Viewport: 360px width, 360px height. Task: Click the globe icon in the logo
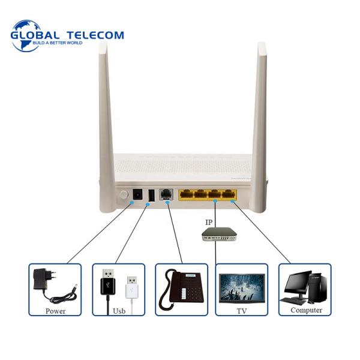tap(26, 36)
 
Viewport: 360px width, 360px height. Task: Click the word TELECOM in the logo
tap(95, 35)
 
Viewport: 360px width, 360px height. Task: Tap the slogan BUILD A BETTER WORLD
tap(58, 43)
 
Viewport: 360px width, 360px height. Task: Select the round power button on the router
tap(124, 195)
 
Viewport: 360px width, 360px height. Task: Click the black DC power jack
tap(137, 194)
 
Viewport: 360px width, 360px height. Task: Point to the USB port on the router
tap(151, 195)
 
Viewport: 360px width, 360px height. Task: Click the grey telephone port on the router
tap(166, 194)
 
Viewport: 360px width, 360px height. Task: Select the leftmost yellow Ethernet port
tap(187, 194)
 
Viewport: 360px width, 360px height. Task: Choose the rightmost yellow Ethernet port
tap(228, 194)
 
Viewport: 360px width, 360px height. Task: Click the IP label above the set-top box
tap(209, 222)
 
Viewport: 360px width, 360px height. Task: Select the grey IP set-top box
tap(219, 234)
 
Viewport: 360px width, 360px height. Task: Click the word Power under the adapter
tap(55, 311)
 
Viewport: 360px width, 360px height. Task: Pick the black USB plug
tap(107, 282)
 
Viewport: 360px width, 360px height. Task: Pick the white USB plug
tap(132, 287)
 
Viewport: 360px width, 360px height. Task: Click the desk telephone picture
tap(181, 289)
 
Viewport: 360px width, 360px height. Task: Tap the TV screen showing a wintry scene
tap(242, 288)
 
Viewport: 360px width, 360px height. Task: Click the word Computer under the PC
tap(306, 310)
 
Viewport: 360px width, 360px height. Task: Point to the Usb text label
tap(119, 311)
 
